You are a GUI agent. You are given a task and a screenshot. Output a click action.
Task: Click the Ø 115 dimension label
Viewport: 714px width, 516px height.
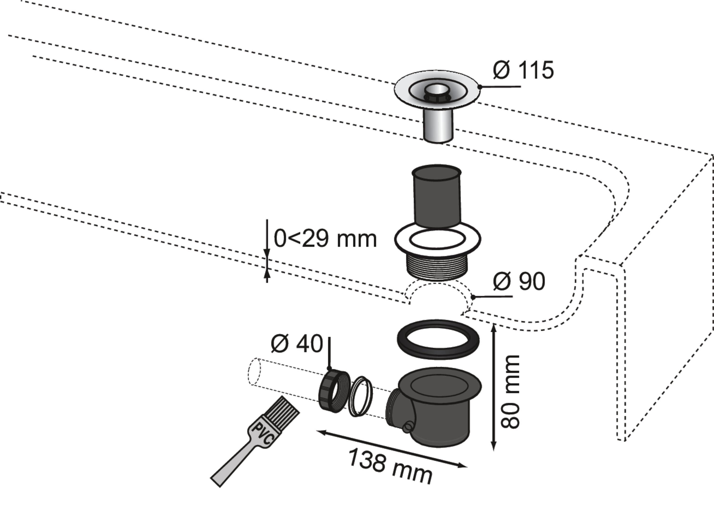(523, 70)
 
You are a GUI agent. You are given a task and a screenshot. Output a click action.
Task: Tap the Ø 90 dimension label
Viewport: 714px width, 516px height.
(519, 281)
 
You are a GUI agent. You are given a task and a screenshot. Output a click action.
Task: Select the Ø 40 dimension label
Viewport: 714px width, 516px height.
(297, 344)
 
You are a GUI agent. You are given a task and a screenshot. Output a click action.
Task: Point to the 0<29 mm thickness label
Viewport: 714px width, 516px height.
(325, 239)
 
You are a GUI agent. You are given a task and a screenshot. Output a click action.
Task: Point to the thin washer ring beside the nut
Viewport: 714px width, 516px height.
(361, 396)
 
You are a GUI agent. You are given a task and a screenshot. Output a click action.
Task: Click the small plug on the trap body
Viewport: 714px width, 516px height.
(408, 427)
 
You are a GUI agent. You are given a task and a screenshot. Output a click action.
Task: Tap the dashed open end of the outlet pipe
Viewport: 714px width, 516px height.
(254, 371)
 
